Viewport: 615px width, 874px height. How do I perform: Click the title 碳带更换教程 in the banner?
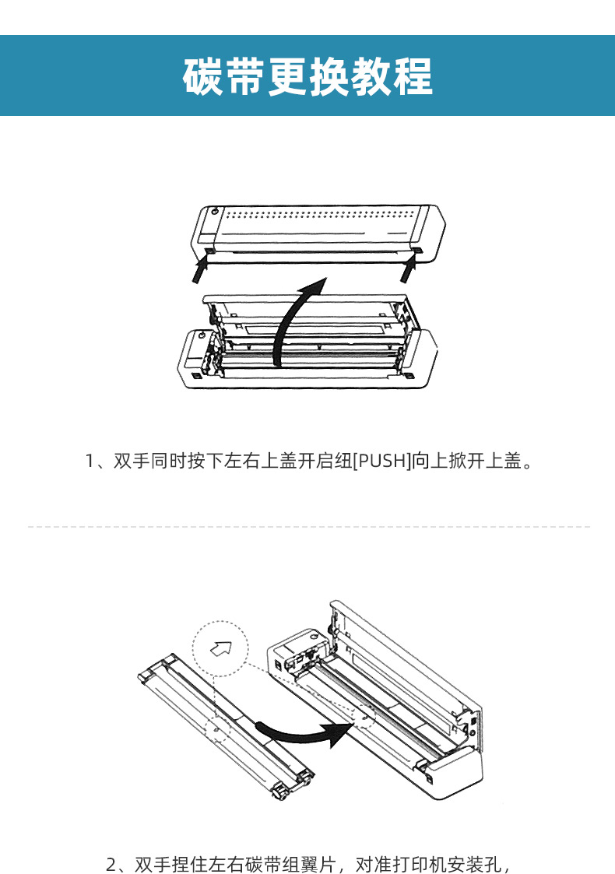pos(307,75)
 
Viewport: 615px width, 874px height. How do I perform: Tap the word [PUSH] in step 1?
pos(382,461)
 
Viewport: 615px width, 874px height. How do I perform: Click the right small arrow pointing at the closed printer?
pos(408,269)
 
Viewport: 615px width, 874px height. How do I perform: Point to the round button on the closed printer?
pos(215,212)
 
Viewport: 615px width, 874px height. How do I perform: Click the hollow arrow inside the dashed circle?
pos(221,648)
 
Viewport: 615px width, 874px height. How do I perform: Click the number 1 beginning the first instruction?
pos(90,461)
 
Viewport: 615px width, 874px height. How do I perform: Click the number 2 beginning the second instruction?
pos(111,865)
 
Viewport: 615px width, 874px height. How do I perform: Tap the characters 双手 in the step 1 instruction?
pos(132,461)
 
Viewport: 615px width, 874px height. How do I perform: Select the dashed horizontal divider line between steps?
pos(308,526)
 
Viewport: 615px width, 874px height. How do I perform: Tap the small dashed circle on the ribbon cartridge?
pos(217,728)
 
